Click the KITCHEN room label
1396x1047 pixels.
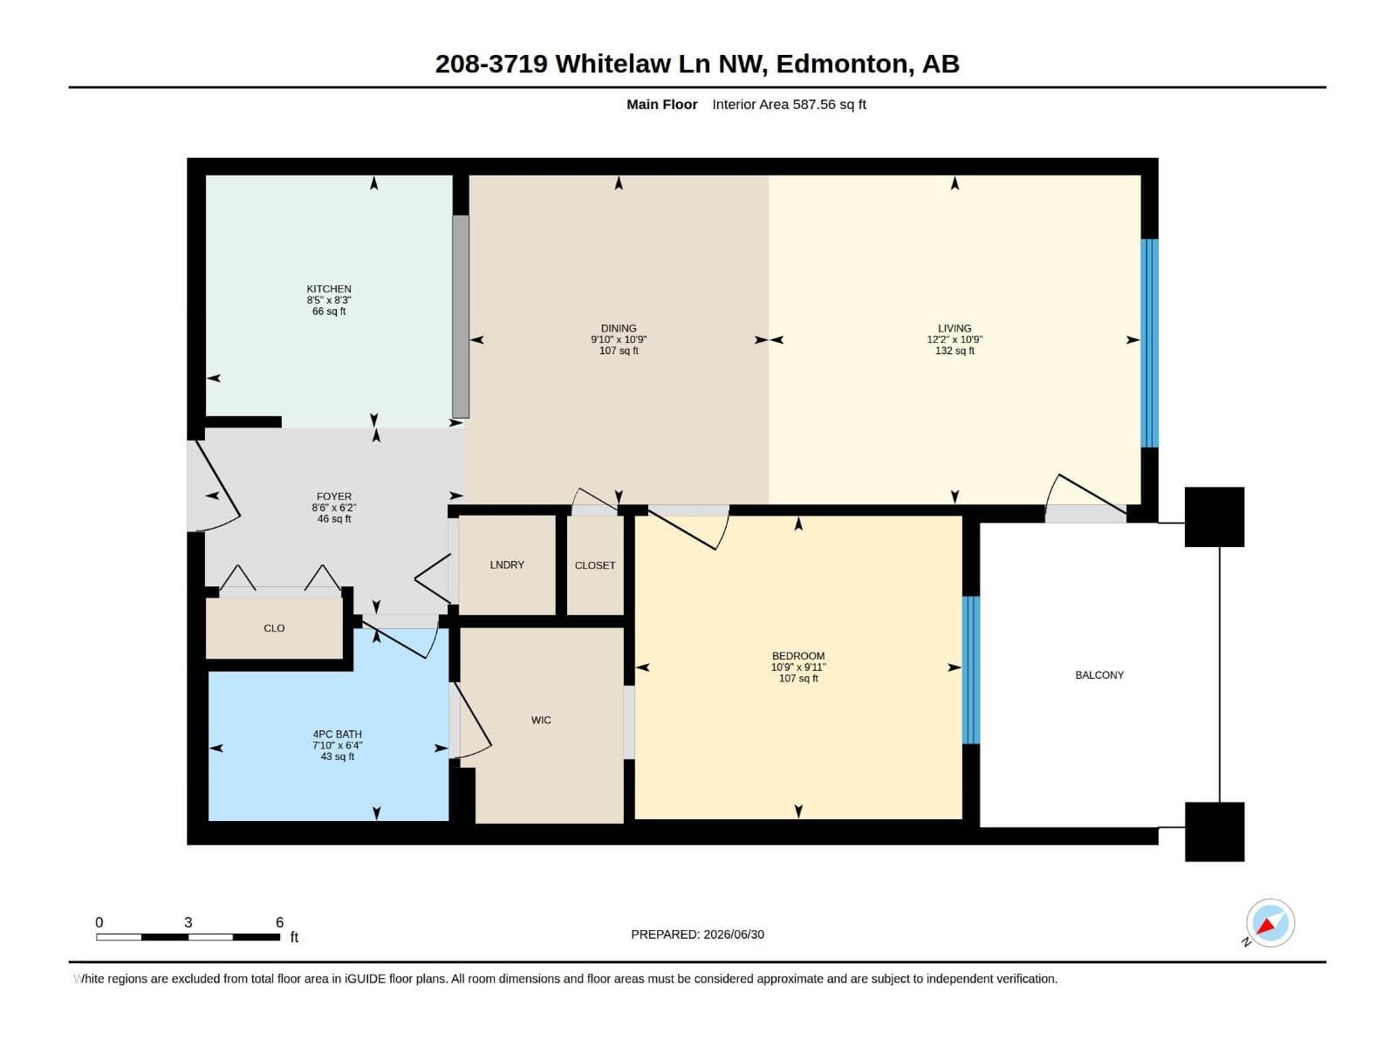coord(329,289)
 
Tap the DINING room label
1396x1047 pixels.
coord(619,329)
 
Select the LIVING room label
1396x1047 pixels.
coord(954,328)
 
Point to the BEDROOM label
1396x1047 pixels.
coord(798,655)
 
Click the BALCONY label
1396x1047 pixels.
coord(1099,675)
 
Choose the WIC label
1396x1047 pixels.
coord(541,720)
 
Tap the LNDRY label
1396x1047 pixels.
coord(507,565)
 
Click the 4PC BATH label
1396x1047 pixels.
coord(337,735)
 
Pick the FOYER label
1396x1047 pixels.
coord(334,496)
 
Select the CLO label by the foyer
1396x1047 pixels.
coord(274,628)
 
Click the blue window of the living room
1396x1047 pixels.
coord(1149,343)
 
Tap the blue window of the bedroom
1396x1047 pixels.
coord(970,670)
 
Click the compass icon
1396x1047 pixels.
coord(1269,924)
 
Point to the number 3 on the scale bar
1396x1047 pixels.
coord(188,922)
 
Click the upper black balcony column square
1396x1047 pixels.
coord(1215,517)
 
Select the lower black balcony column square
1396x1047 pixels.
coord(1215,832)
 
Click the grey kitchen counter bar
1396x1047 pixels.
coord(461,317)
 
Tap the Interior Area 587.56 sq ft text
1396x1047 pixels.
coord(789,104)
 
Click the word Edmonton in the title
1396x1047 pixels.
coord(841,65)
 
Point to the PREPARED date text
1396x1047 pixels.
coord(697,934)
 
